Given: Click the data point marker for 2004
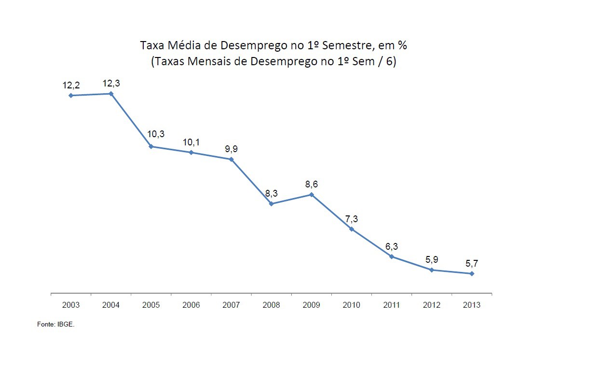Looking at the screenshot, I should coord(111,94).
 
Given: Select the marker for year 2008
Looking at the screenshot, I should coord(272,204).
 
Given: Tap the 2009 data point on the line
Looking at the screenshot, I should coord(312,195).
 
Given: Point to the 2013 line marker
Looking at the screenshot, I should coord(472,274).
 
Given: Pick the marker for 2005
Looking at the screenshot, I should coord(151,146).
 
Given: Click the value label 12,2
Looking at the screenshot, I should coord(71,85).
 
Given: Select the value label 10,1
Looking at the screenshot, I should coord(191,142).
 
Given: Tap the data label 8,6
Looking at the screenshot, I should coord(312,185).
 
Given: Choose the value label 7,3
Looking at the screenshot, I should coord(352,219).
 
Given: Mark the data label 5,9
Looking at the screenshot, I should coord(432,260).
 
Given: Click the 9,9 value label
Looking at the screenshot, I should coord(231,149).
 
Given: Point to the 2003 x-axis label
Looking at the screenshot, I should coord(71,305).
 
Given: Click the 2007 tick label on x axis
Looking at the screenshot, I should coord(231,305).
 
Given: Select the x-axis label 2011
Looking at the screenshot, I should coord(391,305).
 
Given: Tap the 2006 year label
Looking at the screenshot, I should coord(191,305).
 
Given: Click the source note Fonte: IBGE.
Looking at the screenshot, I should coord(56,325).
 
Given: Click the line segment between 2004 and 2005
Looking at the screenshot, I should coord(131,120).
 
